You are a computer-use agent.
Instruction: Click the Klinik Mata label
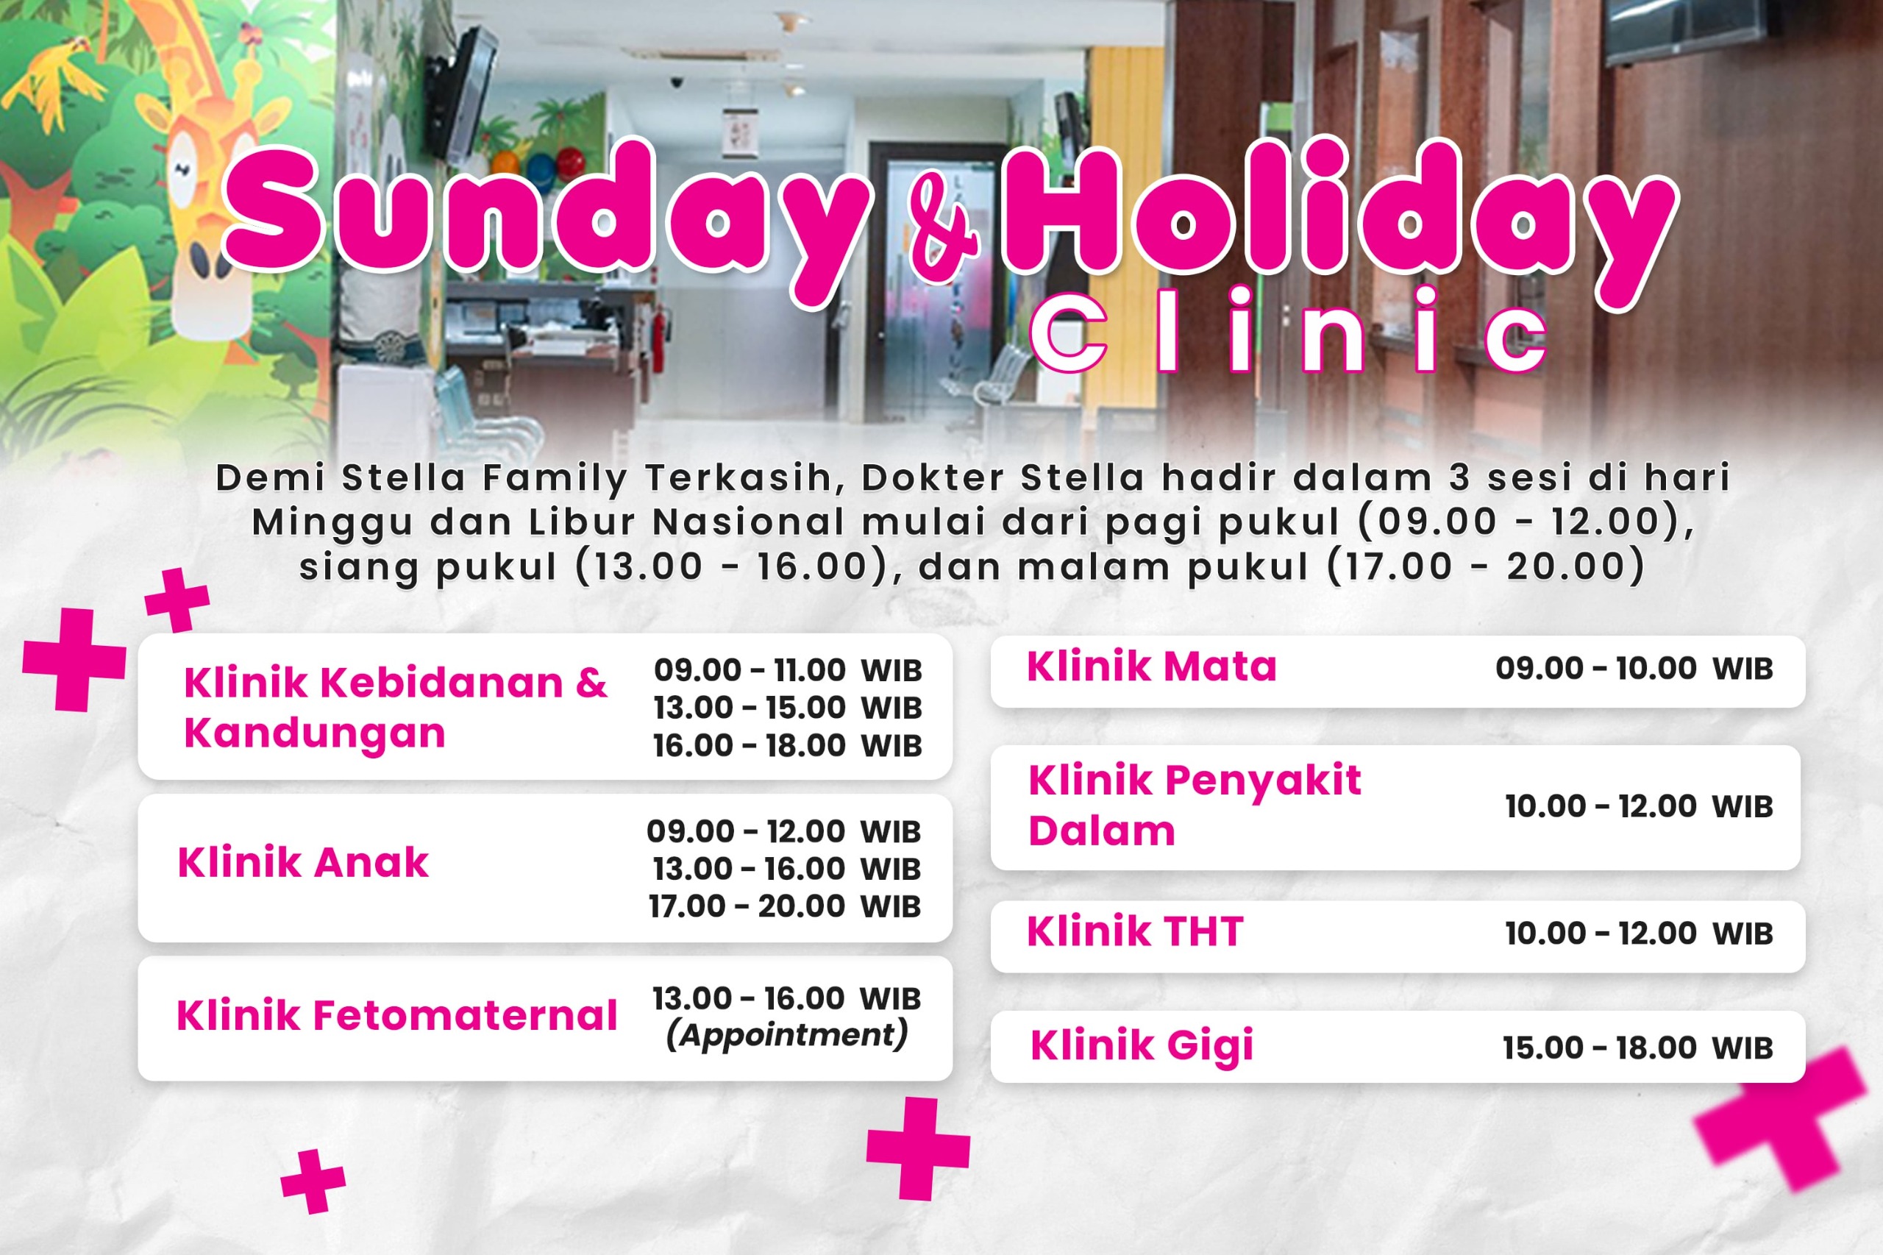pos(1151,666)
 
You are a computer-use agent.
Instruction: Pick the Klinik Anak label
pos(302,863)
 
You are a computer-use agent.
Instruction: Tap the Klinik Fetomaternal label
pos(396,1016)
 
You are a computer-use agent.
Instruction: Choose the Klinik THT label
pos(1134,931)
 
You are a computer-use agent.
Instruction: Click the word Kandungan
pos(315,733)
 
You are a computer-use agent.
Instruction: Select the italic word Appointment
pos(786,1034)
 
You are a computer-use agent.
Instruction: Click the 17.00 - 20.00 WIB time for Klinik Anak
pos(784,906)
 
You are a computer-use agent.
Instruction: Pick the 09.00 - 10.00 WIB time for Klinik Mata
pos(1634,668)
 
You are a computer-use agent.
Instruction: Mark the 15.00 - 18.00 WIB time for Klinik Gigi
pos(1637,1048)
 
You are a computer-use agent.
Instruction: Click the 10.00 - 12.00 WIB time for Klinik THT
pos(1639,934)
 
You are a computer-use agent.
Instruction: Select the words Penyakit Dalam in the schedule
pos(1195,806)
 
